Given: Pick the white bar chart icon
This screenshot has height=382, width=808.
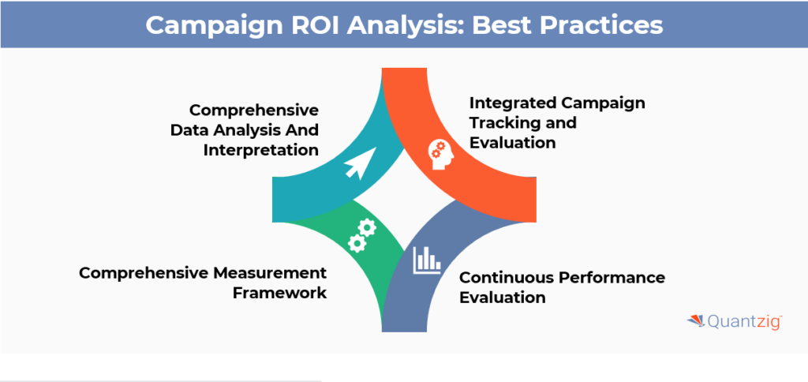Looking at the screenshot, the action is pyautogui.click(x=427, y=260).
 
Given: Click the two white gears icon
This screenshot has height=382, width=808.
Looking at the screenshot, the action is pyautogui.click(x=361, y=235).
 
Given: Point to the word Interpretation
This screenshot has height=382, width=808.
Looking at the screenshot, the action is pyautogui.click(x=260, y=150).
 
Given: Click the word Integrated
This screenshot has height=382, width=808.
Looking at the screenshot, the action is pyautogui.click(x=512, y=103).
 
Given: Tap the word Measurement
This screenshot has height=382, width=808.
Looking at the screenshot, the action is pyautogui.click(x=269, y=273).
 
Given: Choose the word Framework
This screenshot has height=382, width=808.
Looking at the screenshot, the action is pyautogui.click(x=280, y=292).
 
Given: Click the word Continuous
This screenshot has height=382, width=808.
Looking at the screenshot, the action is pyautogui.click(x=507, y=277).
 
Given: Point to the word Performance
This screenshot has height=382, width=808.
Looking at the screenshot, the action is pyautogui.click(x=612, y=277).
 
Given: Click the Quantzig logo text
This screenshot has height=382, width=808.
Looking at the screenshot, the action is pyautogui.click(x=745, y=322).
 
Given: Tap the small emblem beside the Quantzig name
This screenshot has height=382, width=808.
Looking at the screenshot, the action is pyautogui.click(x=696, y=321).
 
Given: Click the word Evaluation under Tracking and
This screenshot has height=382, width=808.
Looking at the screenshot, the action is pyautogui.click(x=513, y=142).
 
